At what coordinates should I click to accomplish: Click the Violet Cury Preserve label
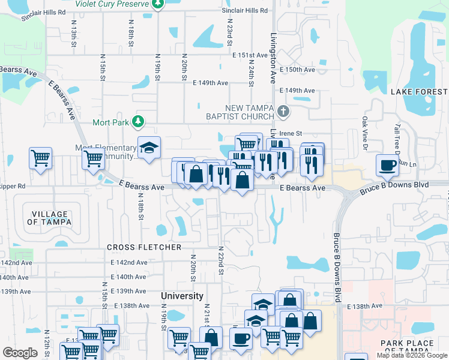pos(112,4)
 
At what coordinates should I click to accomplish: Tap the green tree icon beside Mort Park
pos(139,122)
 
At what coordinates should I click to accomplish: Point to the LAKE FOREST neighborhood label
pos(418,92)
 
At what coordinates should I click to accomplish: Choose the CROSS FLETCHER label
pos(144,247)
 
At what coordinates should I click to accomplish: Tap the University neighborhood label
pos(182,296)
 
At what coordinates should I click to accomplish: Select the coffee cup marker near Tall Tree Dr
pos(387,164)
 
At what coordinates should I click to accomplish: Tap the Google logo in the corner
pos(20,353)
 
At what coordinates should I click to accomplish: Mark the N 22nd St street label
pos(220,260)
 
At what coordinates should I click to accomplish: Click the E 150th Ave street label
pos(298,70)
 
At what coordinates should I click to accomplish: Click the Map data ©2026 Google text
pos(412,355)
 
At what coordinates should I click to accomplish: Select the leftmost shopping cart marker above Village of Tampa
pos(40,159)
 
